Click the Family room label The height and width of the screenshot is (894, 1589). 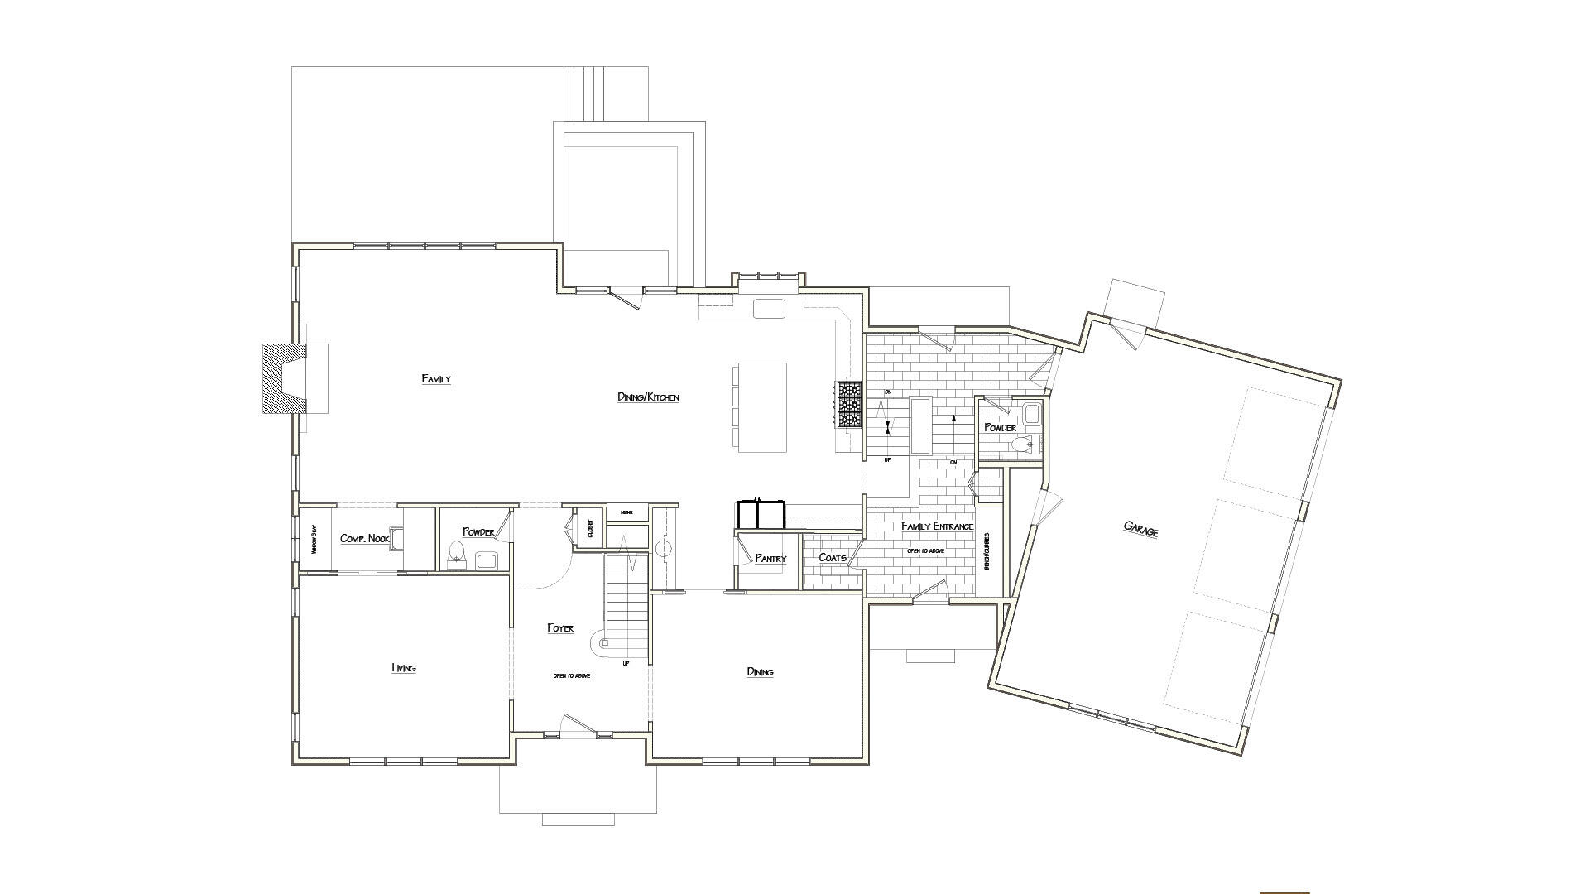(436, 379)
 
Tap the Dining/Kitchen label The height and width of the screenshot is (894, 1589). (648, 397)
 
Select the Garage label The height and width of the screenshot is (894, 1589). (1140, 529)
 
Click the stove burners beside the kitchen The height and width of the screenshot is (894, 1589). (849, 405)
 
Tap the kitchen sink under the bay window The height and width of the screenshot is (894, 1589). (768, 309)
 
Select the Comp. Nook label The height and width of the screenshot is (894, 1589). (364, 539)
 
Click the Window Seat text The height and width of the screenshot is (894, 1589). (314, 539)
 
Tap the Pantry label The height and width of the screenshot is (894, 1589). (770, 559)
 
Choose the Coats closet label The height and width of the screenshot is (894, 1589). (832, 558)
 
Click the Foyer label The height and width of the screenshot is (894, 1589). (560, 628)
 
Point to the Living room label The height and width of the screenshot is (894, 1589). (403, 668)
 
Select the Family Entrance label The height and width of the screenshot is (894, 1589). (937, 526)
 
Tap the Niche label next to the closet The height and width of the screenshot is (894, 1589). (626, 513)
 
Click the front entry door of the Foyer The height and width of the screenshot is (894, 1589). (579, 725)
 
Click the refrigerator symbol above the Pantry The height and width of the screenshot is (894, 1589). (760, 514)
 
